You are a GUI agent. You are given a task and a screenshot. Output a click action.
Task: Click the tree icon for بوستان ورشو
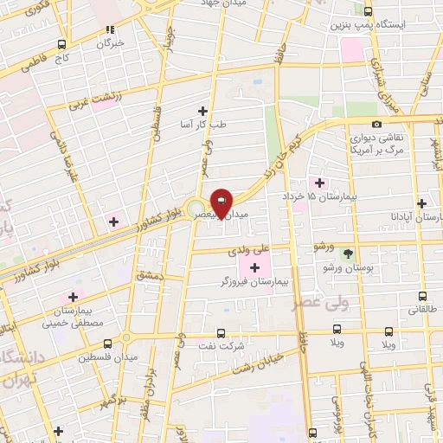348,254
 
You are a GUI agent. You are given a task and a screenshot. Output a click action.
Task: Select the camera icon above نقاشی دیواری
376,125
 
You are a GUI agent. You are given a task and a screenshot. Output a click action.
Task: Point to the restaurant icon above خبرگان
109,29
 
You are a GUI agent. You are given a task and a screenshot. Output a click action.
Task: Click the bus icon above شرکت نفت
220,332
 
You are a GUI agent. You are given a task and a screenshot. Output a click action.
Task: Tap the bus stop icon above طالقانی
422,295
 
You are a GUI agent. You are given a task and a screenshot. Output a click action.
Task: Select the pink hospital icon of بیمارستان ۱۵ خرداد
320,183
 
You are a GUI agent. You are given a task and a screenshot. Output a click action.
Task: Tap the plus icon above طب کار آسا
203,111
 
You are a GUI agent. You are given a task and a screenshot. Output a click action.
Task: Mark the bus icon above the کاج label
61,45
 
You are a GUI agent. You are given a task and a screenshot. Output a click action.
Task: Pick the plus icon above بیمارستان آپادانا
421,203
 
